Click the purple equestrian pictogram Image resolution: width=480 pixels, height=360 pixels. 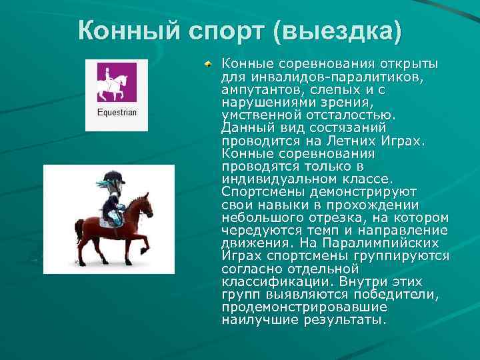coord(117,82)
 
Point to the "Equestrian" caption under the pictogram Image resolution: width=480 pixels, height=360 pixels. coord(117,113)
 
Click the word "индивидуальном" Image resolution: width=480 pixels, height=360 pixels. coord(277,179)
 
